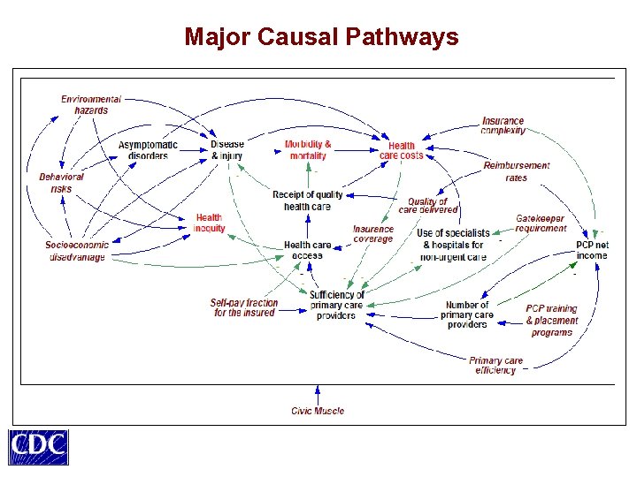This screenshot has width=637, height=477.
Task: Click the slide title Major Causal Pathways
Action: pos(321,37)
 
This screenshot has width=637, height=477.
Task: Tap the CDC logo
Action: pos(38,447)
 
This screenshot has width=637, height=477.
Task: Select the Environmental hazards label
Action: pos(91,105)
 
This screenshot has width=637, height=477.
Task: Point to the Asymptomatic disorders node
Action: pos(148,150)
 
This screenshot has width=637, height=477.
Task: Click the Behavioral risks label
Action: pos(62,183)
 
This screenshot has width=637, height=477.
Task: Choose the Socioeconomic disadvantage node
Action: pos(77,251)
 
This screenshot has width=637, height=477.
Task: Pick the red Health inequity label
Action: pos(209,223)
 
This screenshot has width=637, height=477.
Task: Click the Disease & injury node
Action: pos(226,150)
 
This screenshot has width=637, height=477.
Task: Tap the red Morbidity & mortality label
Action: pos(308,150)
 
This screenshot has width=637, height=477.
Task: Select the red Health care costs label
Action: pos(402,151)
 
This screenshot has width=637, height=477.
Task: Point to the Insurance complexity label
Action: pos(503,125)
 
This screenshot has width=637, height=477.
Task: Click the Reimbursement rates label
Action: pos(516,171)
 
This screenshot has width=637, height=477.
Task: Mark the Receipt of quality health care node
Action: pos(307,201)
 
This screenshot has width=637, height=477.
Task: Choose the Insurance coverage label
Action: pos(373,234)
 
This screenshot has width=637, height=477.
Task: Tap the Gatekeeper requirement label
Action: pos(541,223)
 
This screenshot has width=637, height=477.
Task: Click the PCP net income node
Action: pos(592,250)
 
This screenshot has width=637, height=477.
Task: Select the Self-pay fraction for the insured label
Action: pos(244,307)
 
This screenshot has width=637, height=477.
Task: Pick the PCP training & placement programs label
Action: pos(551,321)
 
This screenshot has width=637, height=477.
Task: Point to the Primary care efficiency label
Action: pos(495,366)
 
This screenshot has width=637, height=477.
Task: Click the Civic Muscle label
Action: pos(318,411)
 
